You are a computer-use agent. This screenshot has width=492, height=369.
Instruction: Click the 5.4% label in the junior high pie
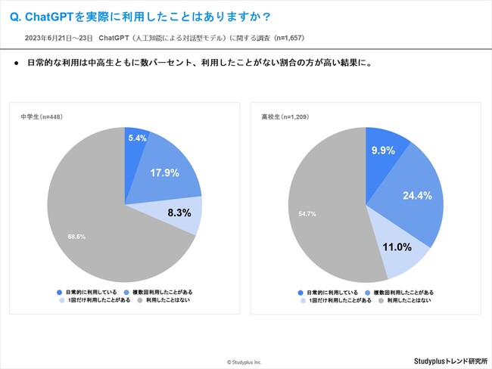tap(136, 139)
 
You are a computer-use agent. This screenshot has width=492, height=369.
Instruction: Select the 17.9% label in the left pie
tap(164, 172)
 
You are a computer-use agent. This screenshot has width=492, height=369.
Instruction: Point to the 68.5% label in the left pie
tap(76, 237)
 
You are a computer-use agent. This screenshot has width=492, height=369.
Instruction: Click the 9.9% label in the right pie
tap(383, 150)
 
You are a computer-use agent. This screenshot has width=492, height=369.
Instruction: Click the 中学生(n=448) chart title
tap(41, 117)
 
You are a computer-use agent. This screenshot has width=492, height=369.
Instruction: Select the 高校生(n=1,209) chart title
tap(285, 117)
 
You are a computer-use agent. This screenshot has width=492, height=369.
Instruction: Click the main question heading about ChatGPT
tap(129, 16)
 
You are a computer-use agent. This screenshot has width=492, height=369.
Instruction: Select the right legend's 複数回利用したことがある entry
tap(402, 292)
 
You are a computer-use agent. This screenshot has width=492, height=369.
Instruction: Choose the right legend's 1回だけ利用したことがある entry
tap(336, 300)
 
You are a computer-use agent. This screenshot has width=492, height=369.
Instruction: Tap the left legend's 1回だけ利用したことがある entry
tap(95, 300)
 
